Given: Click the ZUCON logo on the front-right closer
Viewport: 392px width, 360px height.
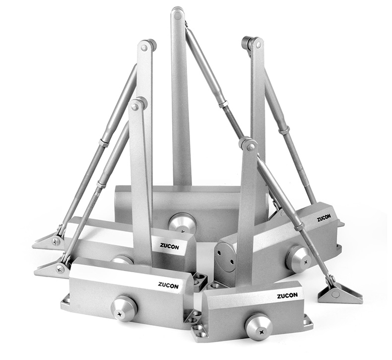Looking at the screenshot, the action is tap(287, 296).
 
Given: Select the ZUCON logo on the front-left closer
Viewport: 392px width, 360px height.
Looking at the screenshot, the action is tap(168, 285).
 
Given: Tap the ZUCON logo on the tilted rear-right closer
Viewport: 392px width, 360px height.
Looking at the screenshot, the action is tap(324, 219).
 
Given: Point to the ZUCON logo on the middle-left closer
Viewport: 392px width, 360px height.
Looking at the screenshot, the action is tap(169, 246).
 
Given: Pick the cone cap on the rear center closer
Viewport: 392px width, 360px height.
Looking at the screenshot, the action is tap(182, 223).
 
